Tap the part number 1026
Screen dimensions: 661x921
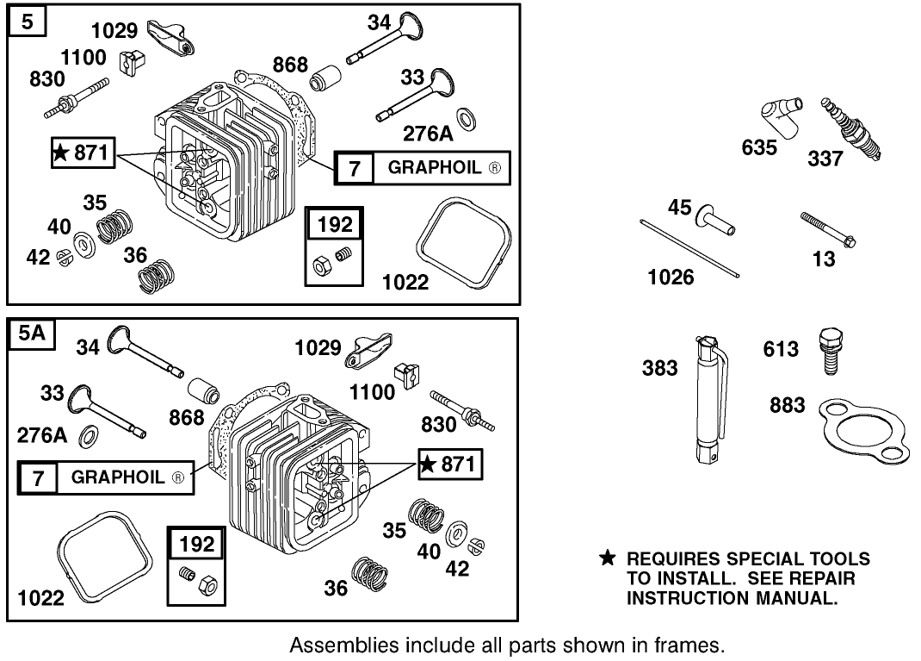[671, 277]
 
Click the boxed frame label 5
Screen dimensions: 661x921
[28, 22]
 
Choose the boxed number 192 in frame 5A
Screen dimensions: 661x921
[199, 545]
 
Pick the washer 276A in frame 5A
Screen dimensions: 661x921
[88, 438]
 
